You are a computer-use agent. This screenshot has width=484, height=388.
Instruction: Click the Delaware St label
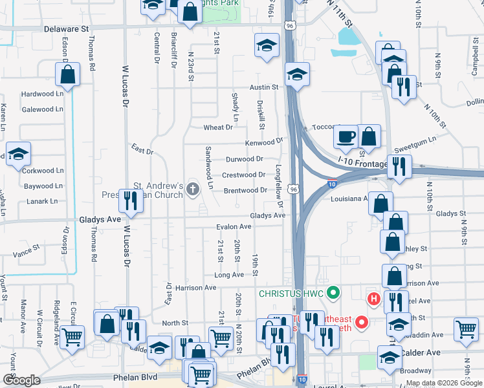click(67, 29)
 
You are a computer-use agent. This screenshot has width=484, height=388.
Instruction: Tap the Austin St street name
click(264, 87)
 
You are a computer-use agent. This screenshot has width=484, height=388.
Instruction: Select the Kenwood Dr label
click(264, 142)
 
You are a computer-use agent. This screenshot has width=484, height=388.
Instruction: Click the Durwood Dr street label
click(244, 158)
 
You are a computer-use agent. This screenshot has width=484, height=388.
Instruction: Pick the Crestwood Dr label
click(244, 175)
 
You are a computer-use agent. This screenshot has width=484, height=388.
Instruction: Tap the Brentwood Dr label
click(245, 190)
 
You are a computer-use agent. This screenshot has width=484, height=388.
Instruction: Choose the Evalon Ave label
click(234, 227)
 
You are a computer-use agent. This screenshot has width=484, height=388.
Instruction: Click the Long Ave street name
click(229, 275)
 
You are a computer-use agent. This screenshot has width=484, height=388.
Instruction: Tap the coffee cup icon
click(346, 136)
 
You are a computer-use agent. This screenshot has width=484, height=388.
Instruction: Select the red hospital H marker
click(373, 299)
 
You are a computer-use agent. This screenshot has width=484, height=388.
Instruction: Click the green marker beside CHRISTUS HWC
click(334, 293)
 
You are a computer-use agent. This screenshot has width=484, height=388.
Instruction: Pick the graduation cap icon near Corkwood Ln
click(18, 155)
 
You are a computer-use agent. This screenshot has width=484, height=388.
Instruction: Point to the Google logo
click(21, 380)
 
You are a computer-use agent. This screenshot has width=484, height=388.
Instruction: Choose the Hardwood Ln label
click(42, 94)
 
